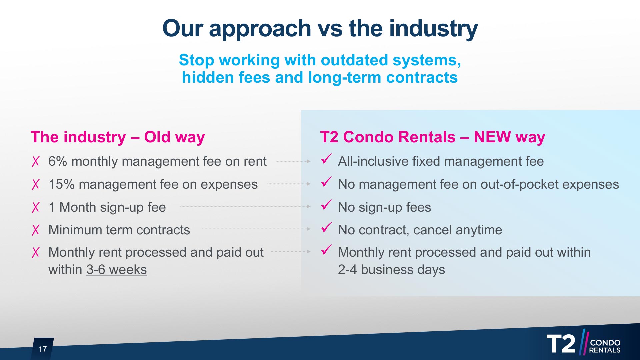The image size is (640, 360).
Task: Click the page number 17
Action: (x=43, y=349)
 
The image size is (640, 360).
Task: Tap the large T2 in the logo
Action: (x=561, y=344)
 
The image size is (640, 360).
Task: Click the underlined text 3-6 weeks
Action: (x=116, y=270)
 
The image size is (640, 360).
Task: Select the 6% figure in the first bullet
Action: (x=58, y=161)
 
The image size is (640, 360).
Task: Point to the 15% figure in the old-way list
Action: (x=62, y=184)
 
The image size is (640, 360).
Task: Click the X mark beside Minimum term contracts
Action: (x=36, y=230)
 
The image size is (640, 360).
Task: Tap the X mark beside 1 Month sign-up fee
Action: (x=36, y=207)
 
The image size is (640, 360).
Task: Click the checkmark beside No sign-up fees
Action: (x=326, y=205)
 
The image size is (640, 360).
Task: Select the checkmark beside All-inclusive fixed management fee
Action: (x=326, y=159)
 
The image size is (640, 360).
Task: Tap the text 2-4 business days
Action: (x=391, y=270)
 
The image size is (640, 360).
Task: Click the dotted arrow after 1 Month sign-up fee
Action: (x=245, y=207)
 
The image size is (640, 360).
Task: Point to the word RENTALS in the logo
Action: (x=605, y=350)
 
